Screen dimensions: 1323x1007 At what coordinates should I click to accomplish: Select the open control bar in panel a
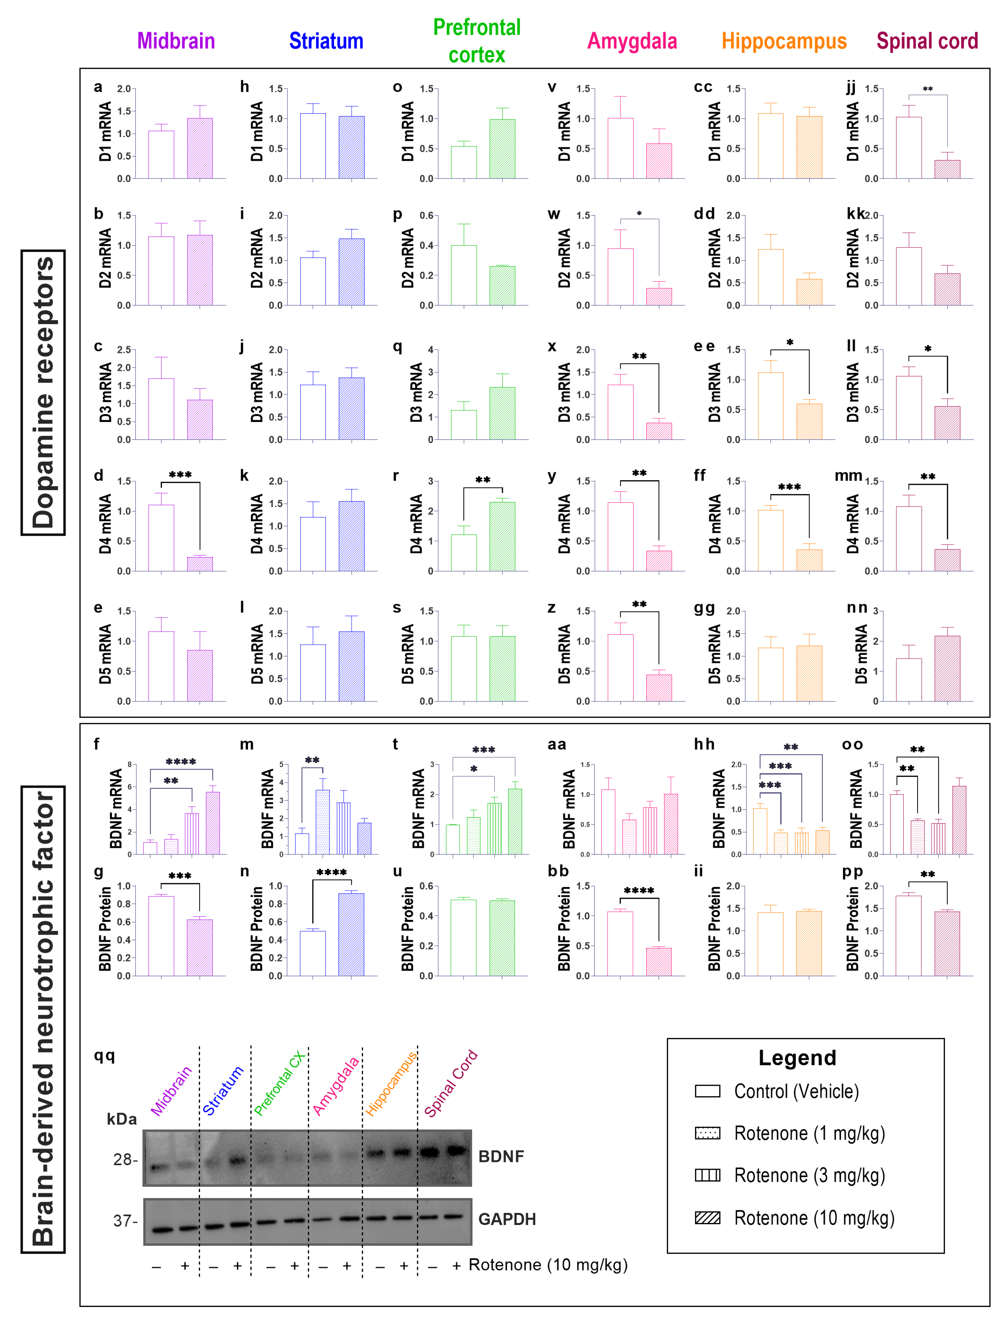pos(161,155)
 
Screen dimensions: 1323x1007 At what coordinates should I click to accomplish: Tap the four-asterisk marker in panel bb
pos(639,890)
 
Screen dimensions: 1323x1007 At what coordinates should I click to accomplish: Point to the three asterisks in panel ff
pos(789,487)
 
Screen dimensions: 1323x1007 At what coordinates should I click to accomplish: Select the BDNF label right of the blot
pos(501,1156)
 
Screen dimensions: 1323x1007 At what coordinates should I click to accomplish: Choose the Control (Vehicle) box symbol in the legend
pos(707,1091)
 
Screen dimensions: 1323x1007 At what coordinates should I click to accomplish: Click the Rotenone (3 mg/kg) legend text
pos(809,1176)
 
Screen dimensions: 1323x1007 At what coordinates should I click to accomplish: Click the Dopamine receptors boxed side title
pos(43,393)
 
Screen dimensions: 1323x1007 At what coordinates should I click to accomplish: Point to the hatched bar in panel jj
pos(947,169)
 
